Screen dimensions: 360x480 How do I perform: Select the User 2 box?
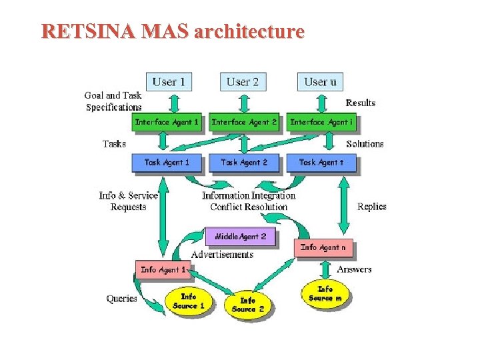coord(243,82)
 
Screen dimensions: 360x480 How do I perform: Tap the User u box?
coord(320,82)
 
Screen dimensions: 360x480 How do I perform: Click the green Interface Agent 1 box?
coord(167,122)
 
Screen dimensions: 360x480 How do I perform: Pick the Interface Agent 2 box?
coord(244,122)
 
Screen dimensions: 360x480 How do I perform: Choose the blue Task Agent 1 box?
coord(167,162)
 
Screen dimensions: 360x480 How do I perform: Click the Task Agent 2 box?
coord(244,162)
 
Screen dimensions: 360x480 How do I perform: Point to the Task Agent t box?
coord(321,162)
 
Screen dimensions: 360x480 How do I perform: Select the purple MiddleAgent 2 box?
coord(240,237)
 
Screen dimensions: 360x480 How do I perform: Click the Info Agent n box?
coord(323,247)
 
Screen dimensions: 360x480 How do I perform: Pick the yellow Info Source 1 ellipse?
coord(189,301)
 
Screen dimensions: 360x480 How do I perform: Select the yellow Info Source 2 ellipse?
coord(247,305)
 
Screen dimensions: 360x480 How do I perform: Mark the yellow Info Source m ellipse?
coord(325,294)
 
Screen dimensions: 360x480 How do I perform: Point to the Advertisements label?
coord(222,255)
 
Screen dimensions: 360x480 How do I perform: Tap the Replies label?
coord(371,207)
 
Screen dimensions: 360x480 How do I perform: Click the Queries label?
coord(121,299)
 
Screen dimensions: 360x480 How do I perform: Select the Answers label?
coord(354,269)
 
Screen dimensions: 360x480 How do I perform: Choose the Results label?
coord(360,103)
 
